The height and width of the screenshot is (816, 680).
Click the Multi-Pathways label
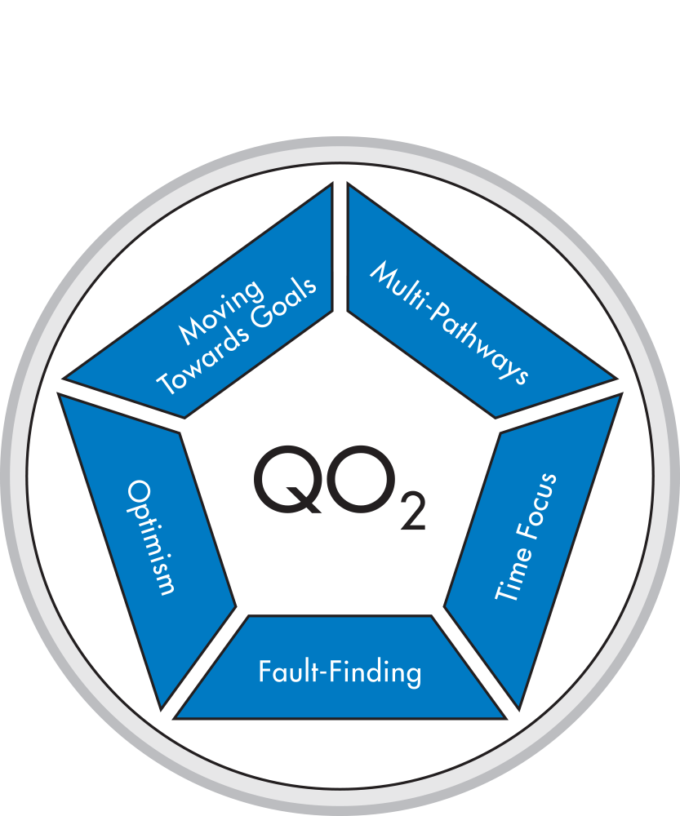450,323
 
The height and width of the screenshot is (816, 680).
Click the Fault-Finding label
340,672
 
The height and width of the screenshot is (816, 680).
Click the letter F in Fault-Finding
264,672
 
